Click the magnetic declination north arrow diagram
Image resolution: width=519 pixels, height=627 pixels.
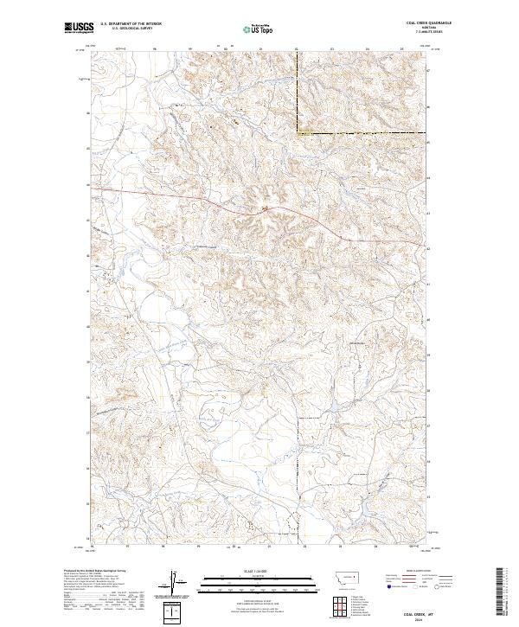tap(179, 583)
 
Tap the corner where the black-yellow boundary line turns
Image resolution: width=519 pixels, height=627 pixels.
tap(299, 132)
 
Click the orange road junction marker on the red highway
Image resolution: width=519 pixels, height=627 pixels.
tap(266, 208)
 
